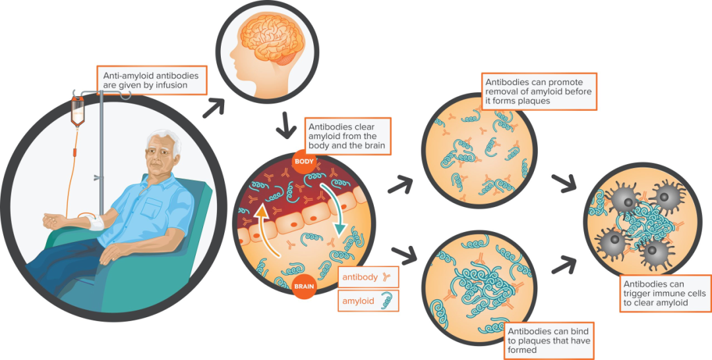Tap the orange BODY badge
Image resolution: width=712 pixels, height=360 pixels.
tap(305, 162)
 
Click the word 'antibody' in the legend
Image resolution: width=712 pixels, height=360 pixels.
tap(360, 278)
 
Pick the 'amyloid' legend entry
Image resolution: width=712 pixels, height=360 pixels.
tap(358, 301)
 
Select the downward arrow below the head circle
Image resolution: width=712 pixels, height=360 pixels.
tap(286, 125)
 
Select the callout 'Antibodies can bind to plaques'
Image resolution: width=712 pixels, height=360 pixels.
tap(549, 338)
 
